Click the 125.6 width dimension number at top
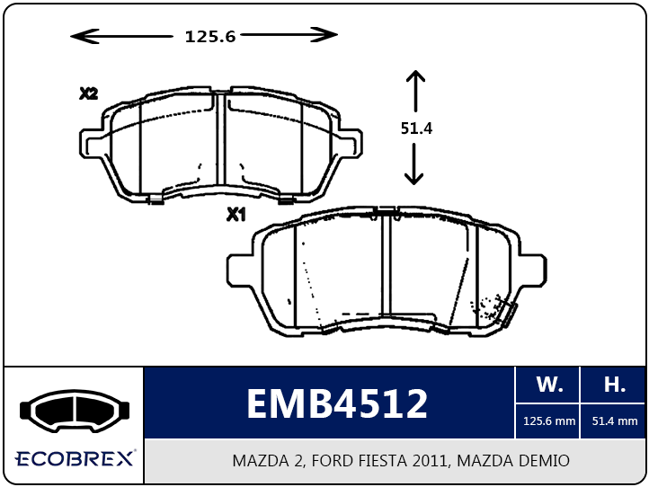[x=210, y=37]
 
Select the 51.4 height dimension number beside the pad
[x=416, y=128]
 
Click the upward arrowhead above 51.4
[x=415, y=78]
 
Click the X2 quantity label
[x=89, y=94]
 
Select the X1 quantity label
[x=236, y=215]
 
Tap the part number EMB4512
[x=337, y=403]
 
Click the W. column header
[x=549, y=385]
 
